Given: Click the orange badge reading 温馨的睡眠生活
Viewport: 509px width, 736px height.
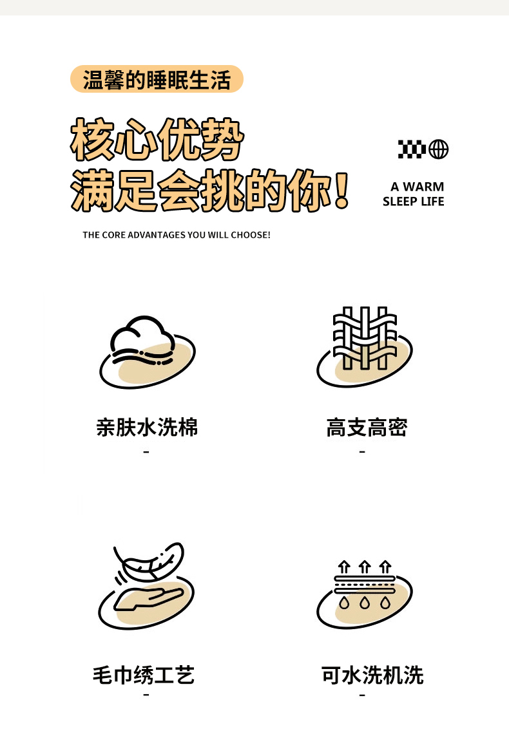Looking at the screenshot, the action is click(x=157, y=79).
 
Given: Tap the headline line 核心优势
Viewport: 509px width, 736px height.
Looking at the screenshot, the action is click(x=157, y=140).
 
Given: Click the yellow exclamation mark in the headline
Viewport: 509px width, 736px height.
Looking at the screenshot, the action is click(x=342, y=190).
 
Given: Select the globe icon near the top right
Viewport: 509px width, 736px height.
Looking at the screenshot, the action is click(x=439, y=149).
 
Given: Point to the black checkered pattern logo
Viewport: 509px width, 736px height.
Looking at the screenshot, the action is click(x=412, y=149).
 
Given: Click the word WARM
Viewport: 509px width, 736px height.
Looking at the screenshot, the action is click(x=423, y=187).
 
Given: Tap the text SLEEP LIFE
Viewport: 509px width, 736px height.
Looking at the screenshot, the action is click(x=413, y=202).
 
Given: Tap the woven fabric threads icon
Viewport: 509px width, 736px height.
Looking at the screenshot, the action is click(x=365, y=337).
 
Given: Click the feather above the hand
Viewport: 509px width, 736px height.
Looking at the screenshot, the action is click(x=149, y=561).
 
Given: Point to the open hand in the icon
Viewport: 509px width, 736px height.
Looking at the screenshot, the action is click(x=148, y=598).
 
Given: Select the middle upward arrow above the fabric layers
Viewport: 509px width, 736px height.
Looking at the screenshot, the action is click(x=365, y=567).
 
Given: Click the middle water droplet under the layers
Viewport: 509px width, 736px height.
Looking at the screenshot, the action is click(x=365, y=602).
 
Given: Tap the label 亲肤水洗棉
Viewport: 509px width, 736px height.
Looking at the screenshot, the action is click(x=147, y=427).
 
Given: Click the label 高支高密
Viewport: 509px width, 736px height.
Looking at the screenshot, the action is click(x=367, y=427).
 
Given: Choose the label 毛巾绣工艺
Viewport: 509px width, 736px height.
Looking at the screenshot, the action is click(x=143, y=675).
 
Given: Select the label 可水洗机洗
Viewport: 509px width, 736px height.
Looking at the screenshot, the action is click(x=372, y=675).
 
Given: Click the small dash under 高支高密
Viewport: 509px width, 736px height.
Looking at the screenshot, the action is click(x=362, y=452).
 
